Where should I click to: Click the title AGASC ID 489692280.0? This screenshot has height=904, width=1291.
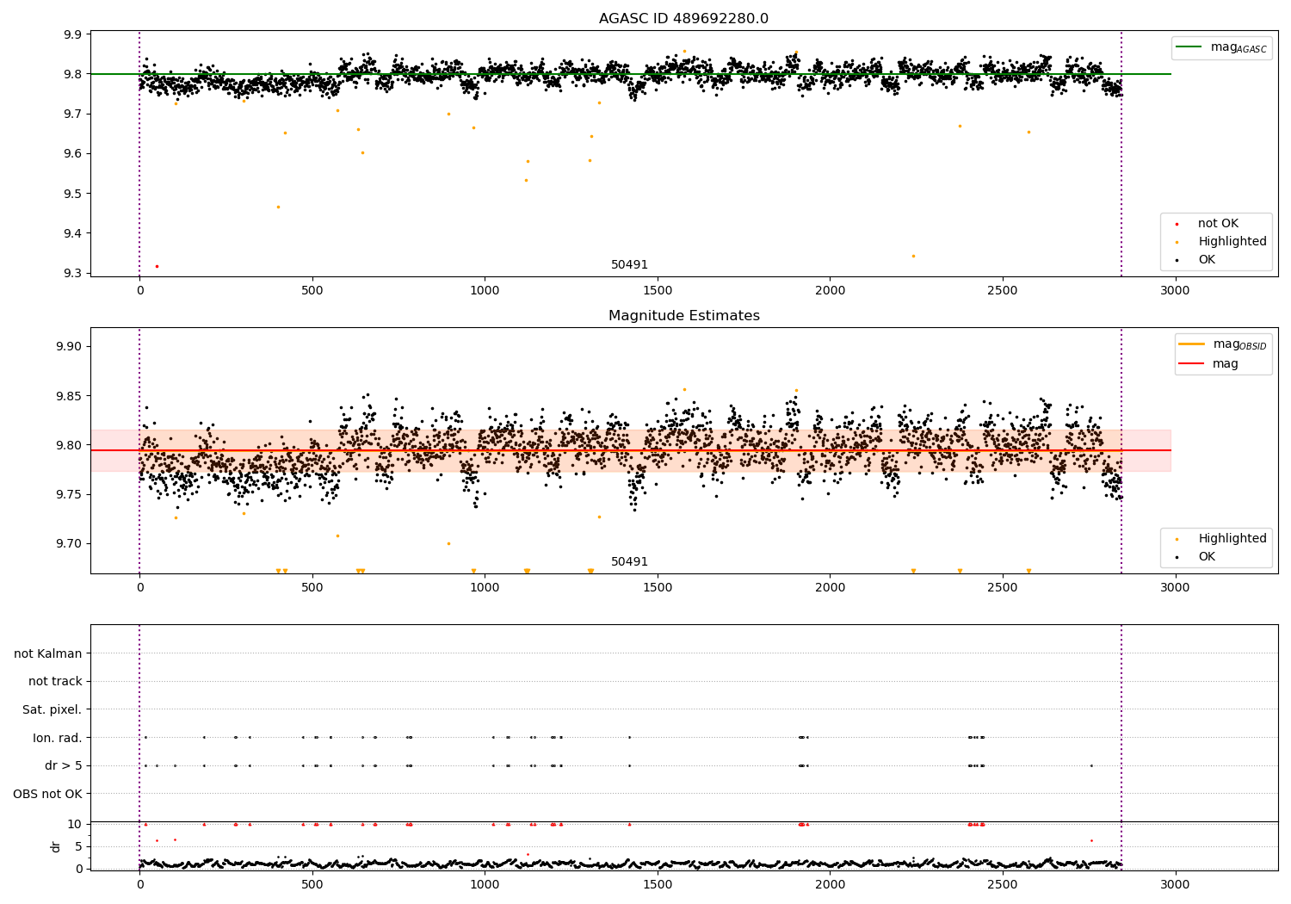(x=683, y=19)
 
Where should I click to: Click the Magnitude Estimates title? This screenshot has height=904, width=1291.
(x=683, y=316)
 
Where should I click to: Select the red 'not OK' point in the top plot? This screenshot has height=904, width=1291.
(x=157, y=266)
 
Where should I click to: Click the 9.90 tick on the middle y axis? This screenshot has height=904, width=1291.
(x=68, y=346)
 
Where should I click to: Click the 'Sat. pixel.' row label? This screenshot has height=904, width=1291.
(x=53, y=709)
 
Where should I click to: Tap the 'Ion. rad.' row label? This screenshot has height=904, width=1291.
(x=58, y=738)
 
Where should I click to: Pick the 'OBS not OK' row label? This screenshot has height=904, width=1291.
(x=48, y=794)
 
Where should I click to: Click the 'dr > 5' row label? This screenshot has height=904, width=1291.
(x=64, y=765)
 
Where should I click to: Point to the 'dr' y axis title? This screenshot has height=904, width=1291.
(x=56, y=846)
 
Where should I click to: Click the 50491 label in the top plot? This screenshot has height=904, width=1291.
(x=629, y=265)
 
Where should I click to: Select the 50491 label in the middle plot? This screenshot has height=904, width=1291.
(x=629, y=562)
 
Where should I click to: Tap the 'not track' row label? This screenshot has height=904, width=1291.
(x=55, y=681)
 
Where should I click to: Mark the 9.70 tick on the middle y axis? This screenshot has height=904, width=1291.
(x=68, y=543)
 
